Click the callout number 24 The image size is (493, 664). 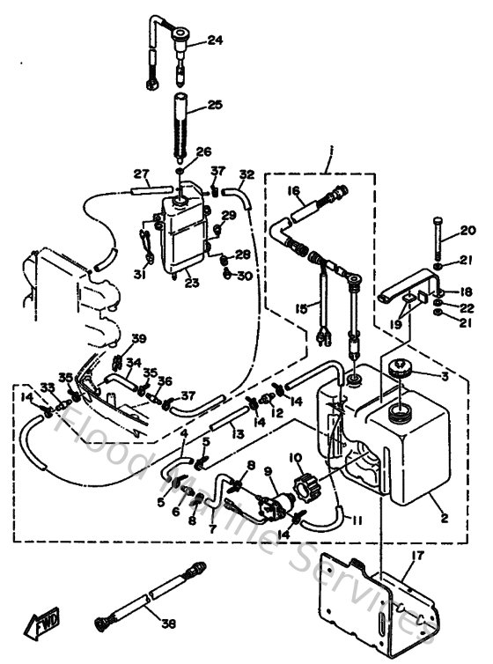point(216,40)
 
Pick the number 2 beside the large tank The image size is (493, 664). point(445,519)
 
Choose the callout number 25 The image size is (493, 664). point(216,106)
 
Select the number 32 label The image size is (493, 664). point(246,173)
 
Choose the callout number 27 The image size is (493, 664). point(141,173)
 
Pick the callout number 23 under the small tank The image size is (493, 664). point(192,283)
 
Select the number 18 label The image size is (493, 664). point(467,291)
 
